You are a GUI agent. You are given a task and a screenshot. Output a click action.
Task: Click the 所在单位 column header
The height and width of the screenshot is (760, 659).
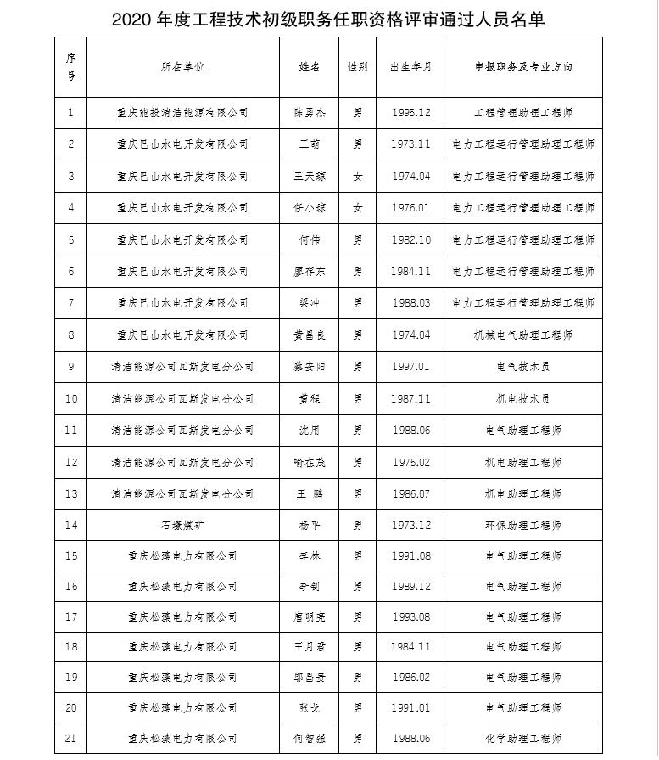182,67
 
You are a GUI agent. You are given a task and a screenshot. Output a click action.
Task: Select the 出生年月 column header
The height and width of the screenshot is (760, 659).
410,67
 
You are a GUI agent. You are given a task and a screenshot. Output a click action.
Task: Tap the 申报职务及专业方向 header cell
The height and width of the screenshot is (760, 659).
523,67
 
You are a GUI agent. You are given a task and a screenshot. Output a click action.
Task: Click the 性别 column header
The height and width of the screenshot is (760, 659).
357,67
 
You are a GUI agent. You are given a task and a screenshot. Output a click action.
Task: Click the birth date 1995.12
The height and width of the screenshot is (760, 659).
410,112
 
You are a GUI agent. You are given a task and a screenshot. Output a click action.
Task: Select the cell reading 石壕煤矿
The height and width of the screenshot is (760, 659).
182,525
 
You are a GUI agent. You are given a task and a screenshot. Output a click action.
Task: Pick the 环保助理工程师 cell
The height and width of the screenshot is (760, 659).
523,525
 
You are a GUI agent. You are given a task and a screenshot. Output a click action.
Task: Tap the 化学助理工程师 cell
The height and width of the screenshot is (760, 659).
523,738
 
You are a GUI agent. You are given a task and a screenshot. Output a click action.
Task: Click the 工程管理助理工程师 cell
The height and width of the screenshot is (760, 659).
523,112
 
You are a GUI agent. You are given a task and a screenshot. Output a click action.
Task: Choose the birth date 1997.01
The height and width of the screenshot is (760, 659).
410,367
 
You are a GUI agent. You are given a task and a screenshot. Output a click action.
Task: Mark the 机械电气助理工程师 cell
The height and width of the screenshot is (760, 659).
523,335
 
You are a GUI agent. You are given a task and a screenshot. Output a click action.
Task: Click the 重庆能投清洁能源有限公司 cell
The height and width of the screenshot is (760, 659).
182,112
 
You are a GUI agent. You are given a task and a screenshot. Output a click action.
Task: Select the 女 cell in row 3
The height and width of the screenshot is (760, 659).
357,177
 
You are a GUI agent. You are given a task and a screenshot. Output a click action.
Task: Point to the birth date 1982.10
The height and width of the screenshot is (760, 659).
410,240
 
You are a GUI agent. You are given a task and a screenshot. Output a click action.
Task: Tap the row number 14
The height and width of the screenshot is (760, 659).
70,525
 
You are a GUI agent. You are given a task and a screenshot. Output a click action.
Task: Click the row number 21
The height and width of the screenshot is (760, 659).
70,738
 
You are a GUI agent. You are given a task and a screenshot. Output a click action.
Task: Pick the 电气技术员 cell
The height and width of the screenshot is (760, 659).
523,367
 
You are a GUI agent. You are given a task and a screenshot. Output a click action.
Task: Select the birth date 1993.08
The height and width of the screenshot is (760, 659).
410,617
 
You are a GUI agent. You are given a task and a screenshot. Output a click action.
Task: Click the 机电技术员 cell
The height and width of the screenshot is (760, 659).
523,398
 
